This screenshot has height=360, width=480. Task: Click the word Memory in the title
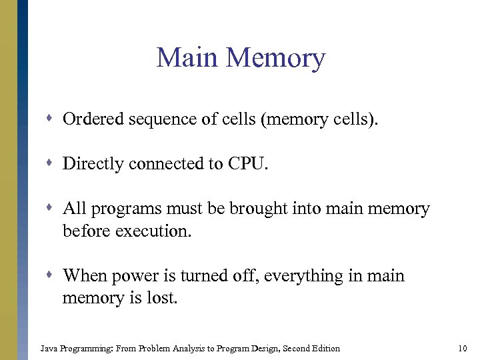(275, 59)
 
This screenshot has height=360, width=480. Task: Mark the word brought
(257, 209)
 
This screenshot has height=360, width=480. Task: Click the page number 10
(463, 348)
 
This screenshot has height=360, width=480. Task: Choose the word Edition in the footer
(325, 348)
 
